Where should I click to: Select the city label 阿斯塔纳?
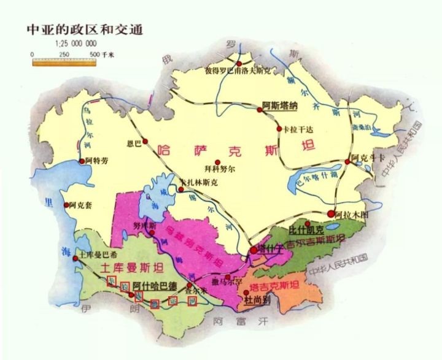point(279,105)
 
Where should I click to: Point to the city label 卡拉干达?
point(300,129)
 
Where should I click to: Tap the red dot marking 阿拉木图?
point(332,214)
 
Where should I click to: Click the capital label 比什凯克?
point(306,229)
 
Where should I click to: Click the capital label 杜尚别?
point(258,301)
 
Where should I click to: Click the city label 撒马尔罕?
point(227,281)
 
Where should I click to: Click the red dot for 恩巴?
point(145,140)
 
